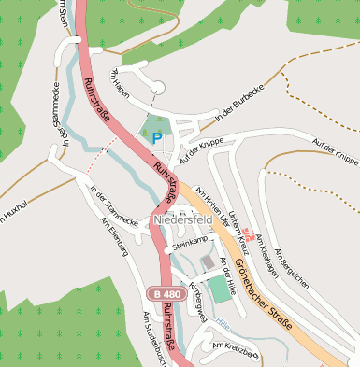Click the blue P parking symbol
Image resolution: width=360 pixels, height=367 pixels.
pos(157,137)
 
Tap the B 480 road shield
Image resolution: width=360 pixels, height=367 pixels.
pos(160,294)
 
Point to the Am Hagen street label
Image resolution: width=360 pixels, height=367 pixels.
pos(123,76)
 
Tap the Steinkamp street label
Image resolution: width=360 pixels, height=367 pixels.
pos(191,242)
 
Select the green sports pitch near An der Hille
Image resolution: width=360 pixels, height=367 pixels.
pos(218,289)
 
